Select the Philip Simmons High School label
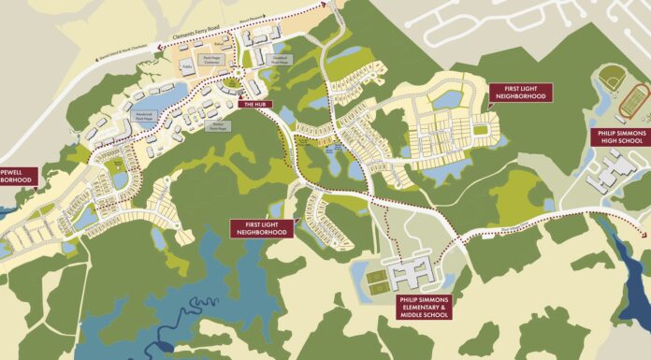pos(620,138)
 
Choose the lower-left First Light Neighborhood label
pos(261,227)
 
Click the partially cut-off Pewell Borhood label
pos(17,176)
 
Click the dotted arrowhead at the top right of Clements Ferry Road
pos(327,5)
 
